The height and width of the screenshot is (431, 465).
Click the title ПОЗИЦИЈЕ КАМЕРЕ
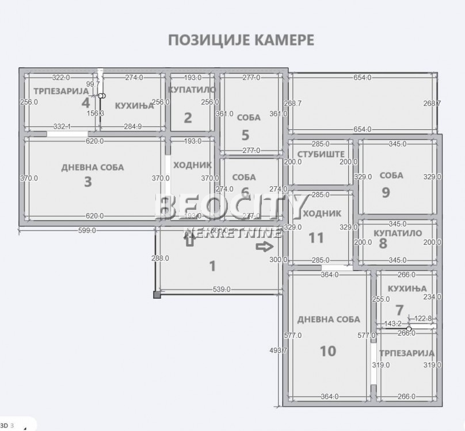click(x=241, y=40)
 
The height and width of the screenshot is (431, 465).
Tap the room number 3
click(x=88, y=182)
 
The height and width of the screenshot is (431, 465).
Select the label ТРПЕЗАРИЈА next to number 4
click(x=56, y=91)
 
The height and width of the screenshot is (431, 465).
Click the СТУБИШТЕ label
click(x=321, y=154)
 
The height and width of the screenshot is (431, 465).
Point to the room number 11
click(x=316, y=237)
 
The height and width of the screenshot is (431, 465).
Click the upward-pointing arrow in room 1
click(x=189, y=241)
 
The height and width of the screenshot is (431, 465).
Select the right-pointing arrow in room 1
click(x=265, y=247)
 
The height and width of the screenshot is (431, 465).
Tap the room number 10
click(x=327, y=350)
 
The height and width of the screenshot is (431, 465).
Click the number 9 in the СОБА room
click(x=386, y=192)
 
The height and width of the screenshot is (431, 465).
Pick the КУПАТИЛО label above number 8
click(x=398, y=233)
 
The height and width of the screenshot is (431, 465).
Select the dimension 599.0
click(x=87, y=230)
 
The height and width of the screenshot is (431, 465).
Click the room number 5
click(x=246, y=135)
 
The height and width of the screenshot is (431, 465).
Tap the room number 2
click(x=188, y=118)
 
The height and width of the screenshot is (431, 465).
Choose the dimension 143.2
click(x=392, y=324)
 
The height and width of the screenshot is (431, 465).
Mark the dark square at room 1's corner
click(x=157, y=295)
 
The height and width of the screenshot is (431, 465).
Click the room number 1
click(x=212, y=265)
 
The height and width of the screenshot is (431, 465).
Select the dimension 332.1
click(x=61, y=126)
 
